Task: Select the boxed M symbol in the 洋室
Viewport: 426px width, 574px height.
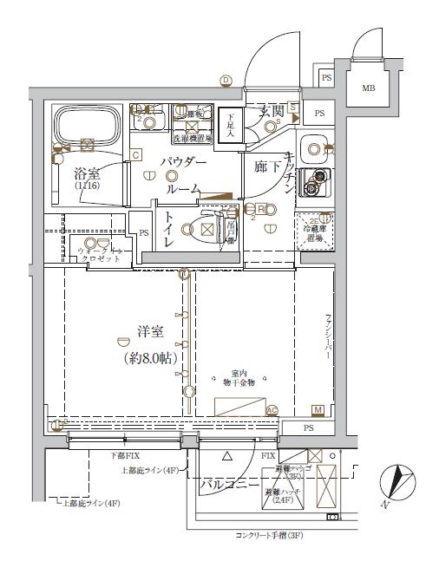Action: pyautogui.click(x=318, y=409)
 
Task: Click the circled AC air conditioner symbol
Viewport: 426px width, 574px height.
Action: pyautogui.click(x=272, y=410)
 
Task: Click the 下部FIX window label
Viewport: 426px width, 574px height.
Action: pyautogui.click(x=125, y=455)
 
